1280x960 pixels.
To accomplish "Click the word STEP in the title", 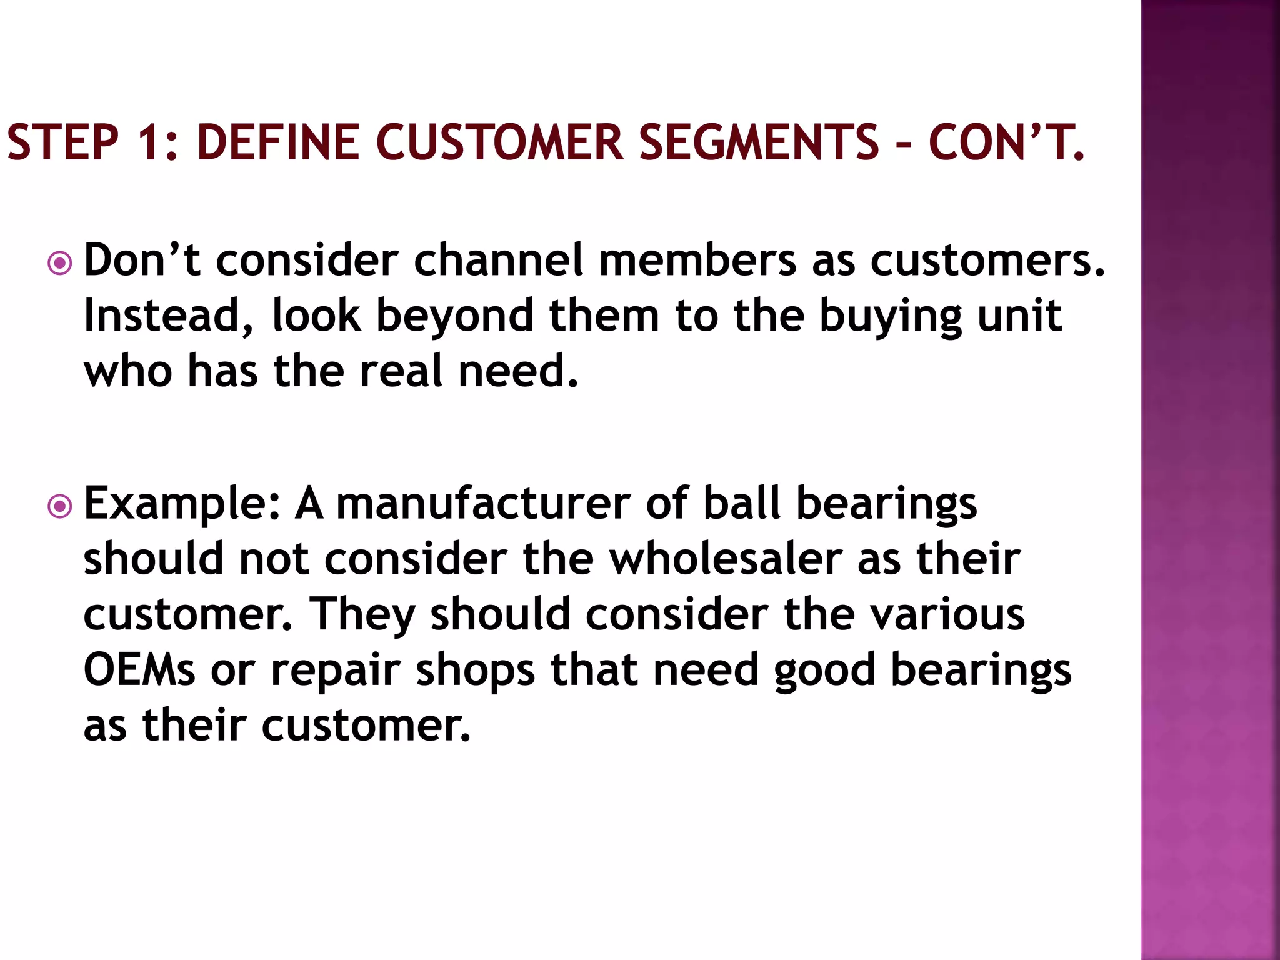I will (62, 142).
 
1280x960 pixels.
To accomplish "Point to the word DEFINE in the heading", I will (277, 142).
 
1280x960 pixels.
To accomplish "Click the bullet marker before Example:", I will (60, 506).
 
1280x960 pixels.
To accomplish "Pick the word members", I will (697, 260).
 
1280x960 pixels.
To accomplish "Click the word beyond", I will (454, 316).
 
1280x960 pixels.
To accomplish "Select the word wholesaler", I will (725, 559).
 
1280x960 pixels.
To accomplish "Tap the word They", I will (363, 615).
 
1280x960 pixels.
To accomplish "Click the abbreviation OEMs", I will (139, 670).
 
